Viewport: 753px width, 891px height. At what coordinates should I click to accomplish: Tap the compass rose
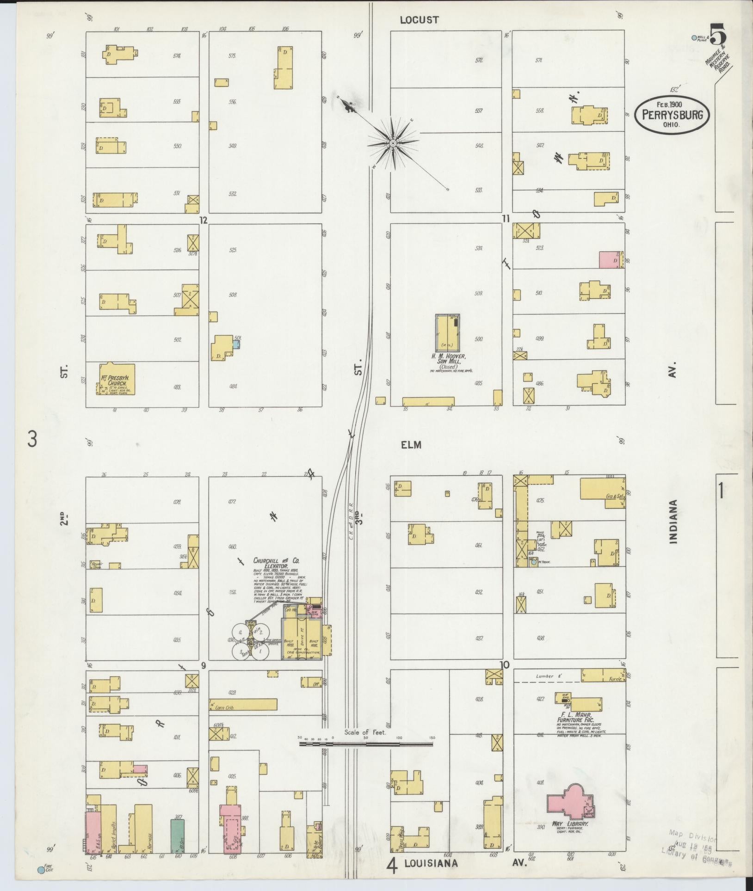pyautogui.click(x=393, y=143)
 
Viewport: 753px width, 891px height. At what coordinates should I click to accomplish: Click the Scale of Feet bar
pyautogui.click(x=365, y=744)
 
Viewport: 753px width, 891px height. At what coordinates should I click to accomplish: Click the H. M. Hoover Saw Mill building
pyautogui.click(x=447, y=332)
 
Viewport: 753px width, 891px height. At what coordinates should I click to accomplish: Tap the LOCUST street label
pyautogui.click(x=419, y=20)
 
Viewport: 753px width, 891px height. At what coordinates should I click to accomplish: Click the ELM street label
pyautogui.click(x=411, y=445)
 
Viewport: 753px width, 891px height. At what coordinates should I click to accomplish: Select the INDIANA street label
pyautogui.click(x=673, y=521)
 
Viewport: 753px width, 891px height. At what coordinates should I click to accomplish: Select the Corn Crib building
pyautogui.click(x=243, y=704)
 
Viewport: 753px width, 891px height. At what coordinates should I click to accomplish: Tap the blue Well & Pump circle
pyautogui.click(x=693, y=38)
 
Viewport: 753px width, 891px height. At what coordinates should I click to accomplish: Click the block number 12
pyautogui.click(x=203, y=220)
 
